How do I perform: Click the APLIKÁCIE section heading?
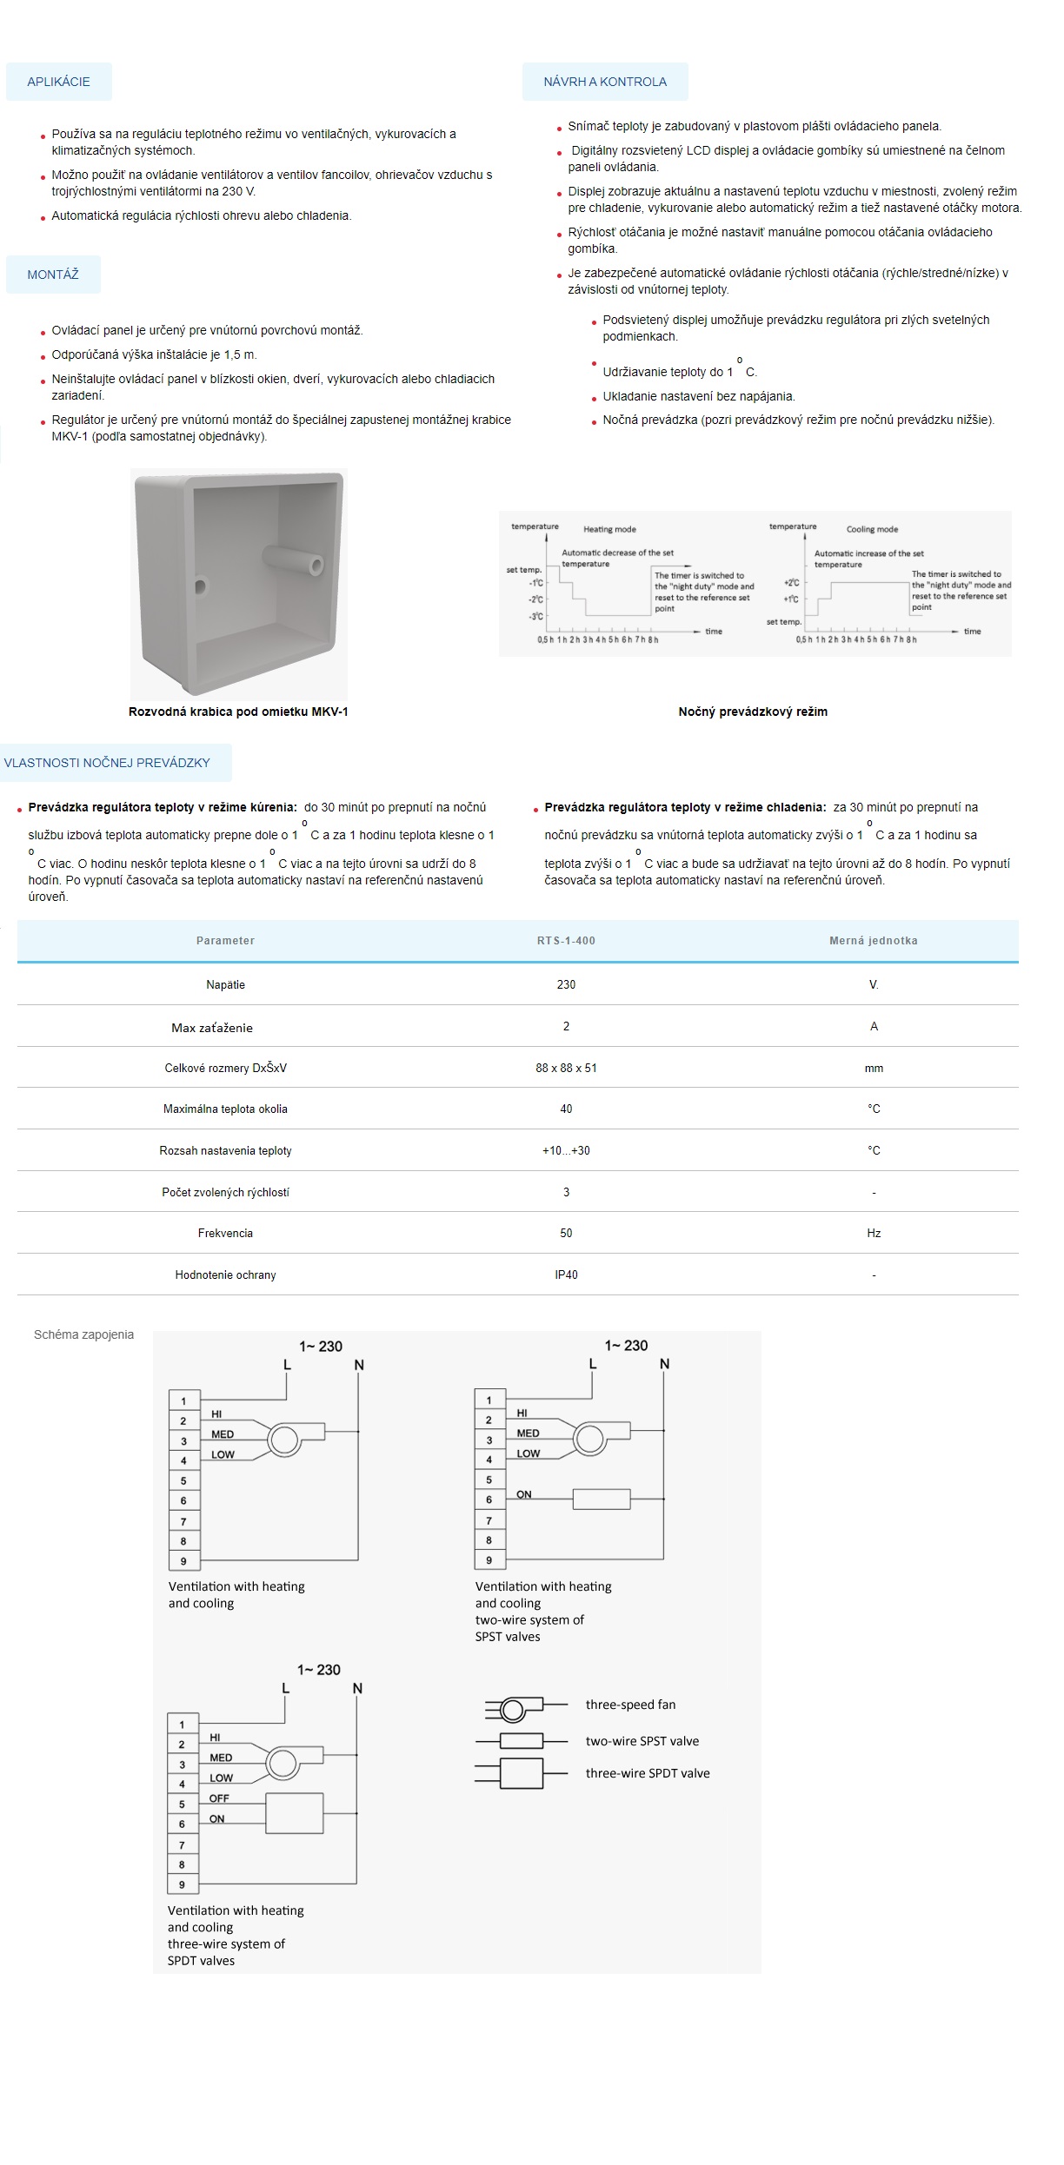point(58,82)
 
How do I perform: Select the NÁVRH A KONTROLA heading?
point(605,82)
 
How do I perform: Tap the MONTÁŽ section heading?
point(53,275)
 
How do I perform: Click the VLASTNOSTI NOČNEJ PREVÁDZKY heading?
point(107,763)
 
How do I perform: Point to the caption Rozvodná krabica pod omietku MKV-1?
point(238,712)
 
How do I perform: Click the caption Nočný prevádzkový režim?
point(753,712)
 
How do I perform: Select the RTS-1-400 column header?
point(566,941)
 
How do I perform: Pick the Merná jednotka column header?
point(873,941)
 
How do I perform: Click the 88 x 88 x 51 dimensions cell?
point(566,1068)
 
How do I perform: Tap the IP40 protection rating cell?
point(566,1275)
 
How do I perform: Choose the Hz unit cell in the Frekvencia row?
point(874,1233)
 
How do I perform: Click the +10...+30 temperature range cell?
point(566,1150)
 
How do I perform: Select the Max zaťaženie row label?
point(212,1028)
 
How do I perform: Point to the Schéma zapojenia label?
point(83,1334)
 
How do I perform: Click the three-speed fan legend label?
point(630,1705)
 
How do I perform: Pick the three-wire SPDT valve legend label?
point(648,1773)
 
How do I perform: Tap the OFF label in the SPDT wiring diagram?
point(219,1798)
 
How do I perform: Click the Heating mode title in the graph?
point(609,529)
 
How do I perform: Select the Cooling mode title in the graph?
point(872,529)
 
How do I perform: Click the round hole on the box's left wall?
point(201,586)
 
